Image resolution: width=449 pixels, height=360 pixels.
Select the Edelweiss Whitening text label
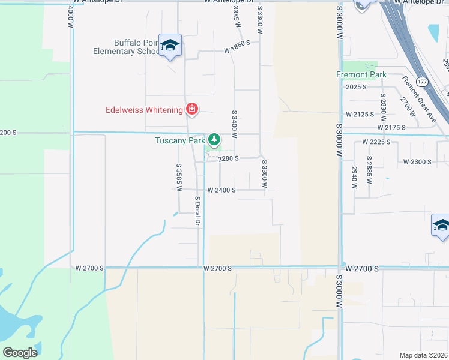coord(144,110)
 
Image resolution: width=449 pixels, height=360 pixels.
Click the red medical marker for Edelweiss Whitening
coord(191,109)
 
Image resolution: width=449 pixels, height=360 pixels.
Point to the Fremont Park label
coord(361,75)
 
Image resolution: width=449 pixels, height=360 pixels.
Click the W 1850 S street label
coord(237,51)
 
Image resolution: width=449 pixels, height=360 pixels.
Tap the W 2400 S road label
coord(221,190)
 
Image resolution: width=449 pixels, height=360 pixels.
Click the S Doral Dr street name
coord(197,211)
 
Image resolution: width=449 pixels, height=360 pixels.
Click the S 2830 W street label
coord(382,103)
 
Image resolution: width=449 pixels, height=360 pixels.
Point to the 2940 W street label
coord(354,178)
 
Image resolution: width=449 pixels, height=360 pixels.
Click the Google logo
coord(20,352)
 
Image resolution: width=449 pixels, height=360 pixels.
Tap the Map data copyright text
coord(424,355)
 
